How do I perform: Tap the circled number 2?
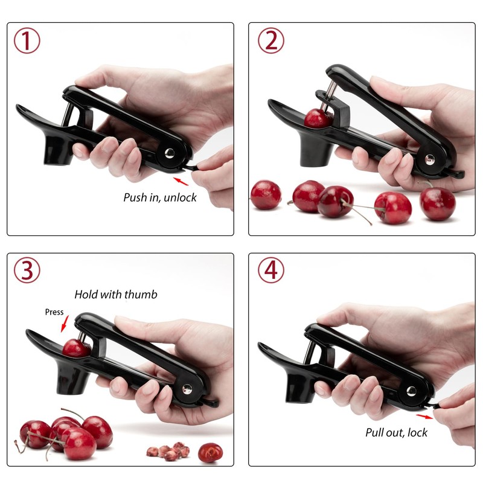[x=271, y=41]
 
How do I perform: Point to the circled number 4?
[x=271, y=271]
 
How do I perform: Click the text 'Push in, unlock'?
[x=160, y=197]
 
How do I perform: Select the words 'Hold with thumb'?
[x=116, y=295]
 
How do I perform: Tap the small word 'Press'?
[x=54, y=312]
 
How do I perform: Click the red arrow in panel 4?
[x=424, y=416]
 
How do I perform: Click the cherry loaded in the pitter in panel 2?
[x=317, y=118]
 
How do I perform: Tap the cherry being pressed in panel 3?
[x=75, y=348]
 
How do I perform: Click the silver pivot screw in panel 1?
[x=169, y=153]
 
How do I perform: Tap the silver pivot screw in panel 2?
[x=429, y=159]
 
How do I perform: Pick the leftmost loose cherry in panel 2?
[x=266, y=194]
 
